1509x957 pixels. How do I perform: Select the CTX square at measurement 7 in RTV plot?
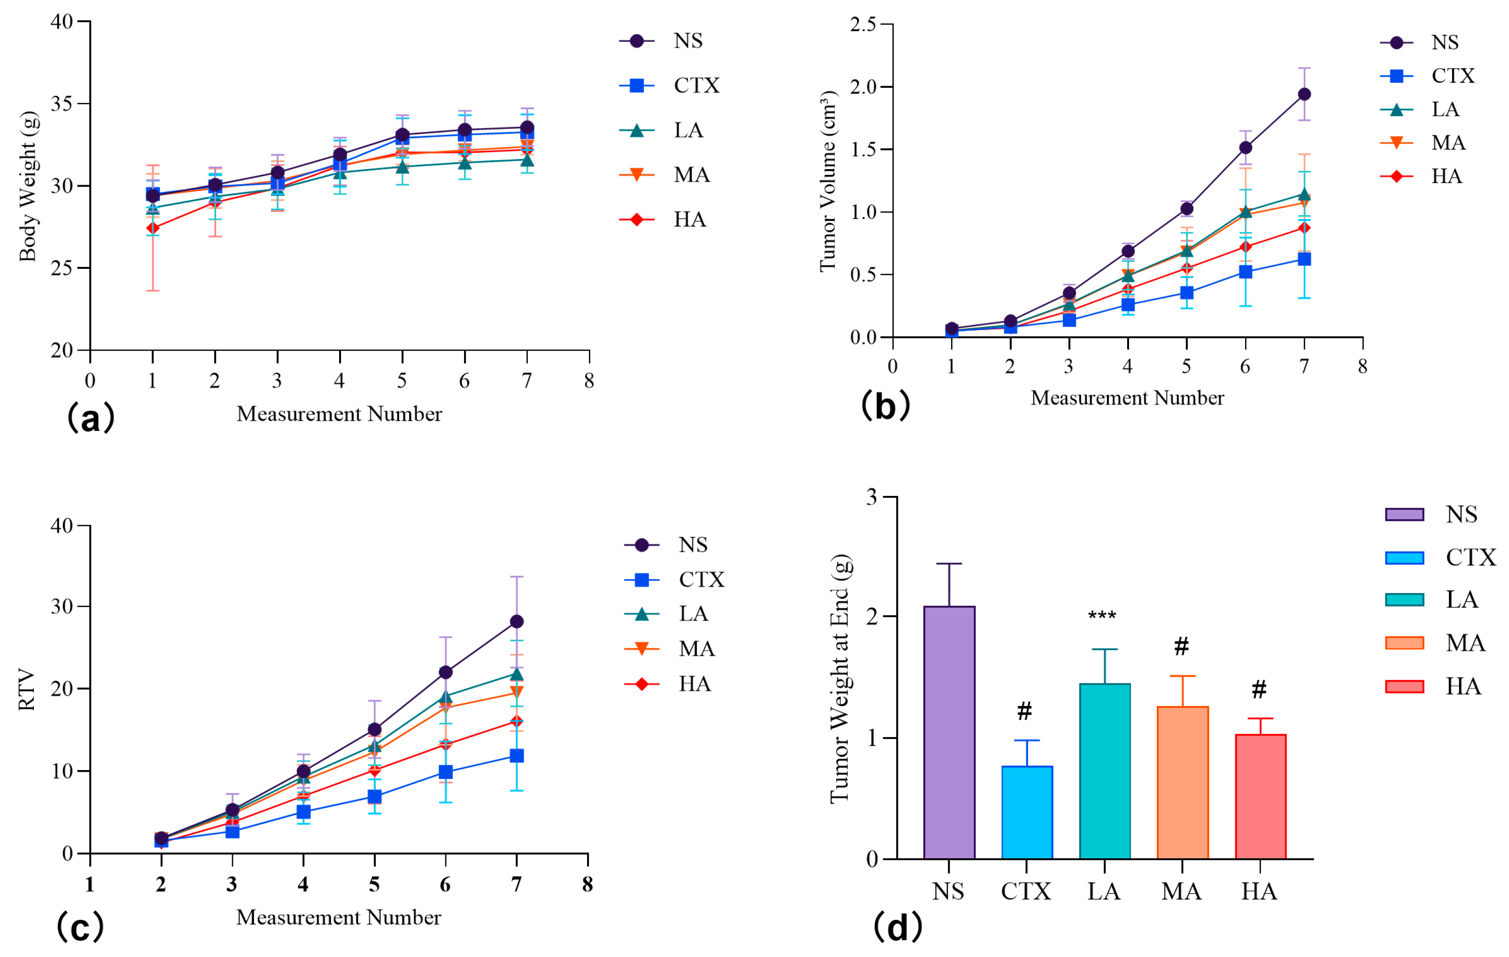(516, 756)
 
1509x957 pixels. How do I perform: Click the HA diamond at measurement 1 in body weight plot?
(152, 228)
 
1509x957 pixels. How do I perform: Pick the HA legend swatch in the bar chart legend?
(1404, 686)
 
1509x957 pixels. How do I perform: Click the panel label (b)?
(885, 406)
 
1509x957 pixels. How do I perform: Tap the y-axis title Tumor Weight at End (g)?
(840, 679)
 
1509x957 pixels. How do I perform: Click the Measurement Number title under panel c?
(339, 918)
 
